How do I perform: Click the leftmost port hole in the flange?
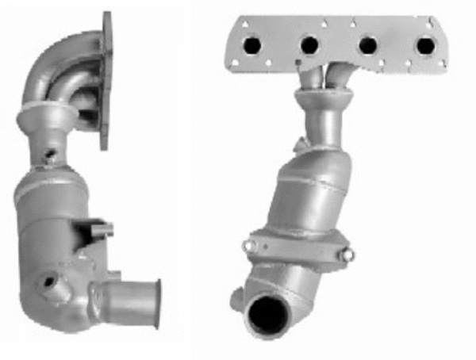pos(252,46)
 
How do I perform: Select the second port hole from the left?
pos(310,46)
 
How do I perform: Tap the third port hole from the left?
pos(367,46)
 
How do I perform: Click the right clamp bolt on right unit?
pos(346,255)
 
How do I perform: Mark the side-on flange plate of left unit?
pos(106,79)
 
